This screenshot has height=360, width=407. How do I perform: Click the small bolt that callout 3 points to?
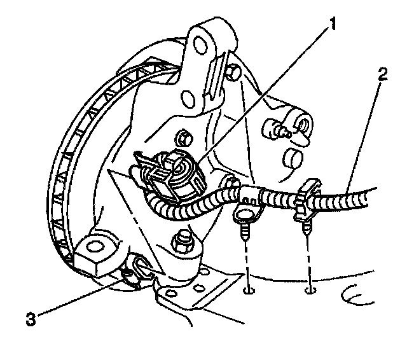(x=130, y=275)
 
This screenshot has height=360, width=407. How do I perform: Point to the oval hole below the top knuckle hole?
(x=189, y=99)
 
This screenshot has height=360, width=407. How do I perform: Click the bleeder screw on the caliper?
(x=280, y=130)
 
